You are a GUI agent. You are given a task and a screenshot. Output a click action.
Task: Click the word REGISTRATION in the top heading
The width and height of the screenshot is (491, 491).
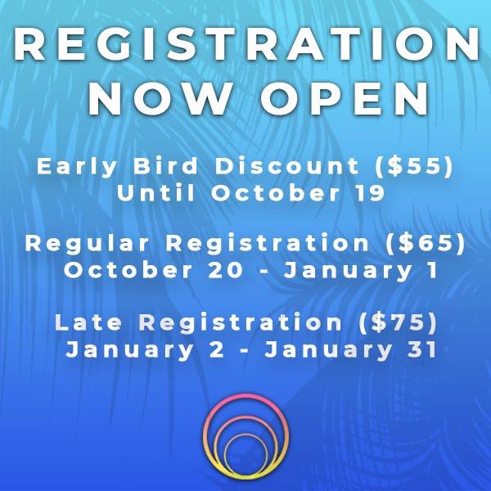pyautogui.click(x=245, y=46)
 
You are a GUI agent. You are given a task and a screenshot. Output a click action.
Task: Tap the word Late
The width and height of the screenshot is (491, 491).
pyautogui.click(x=83, y=322)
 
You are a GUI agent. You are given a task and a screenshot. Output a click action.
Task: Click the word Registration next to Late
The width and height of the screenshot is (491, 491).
pyautogui.click(x=234, y=322)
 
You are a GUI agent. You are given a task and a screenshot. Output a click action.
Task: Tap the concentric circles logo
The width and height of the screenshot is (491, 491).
pyautogui.click(x=245, y=439)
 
